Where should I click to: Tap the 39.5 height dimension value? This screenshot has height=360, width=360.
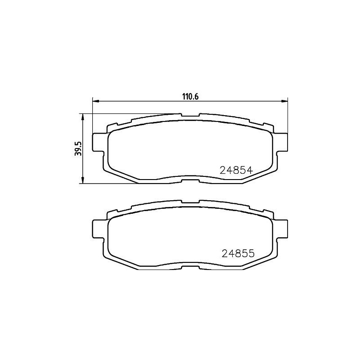78,148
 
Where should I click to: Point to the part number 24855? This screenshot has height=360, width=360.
238,253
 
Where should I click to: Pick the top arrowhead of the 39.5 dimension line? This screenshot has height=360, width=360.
82,116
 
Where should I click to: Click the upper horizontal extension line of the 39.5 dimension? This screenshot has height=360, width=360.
126,113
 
